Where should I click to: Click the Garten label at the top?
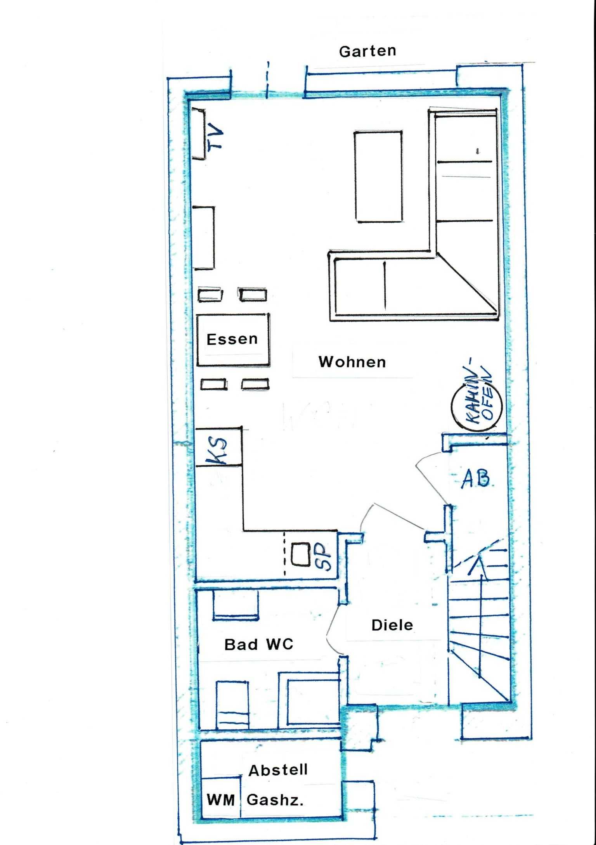[x=367, y=51]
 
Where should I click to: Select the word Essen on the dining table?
[x=232, y=339]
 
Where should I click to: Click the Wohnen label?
[x=352, y=362]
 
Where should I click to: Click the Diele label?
[x=392, y=625]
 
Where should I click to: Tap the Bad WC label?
[x=259, y=644]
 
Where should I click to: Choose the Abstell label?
[x=278, y=770]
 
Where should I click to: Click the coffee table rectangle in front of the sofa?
[x=378, y=177]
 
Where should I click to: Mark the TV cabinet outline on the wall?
[x=198, y=134]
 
